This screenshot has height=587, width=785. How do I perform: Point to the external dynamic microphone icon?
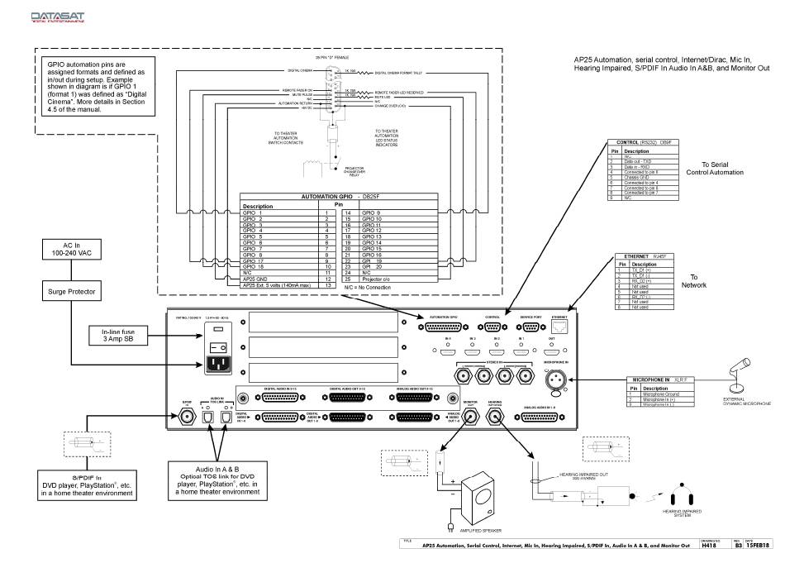point(738,370)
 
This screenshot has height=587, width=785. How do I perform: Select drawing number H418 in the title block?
point(707,546)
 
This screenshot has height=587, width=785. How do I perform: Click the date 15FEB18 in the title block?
point(759,546)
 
